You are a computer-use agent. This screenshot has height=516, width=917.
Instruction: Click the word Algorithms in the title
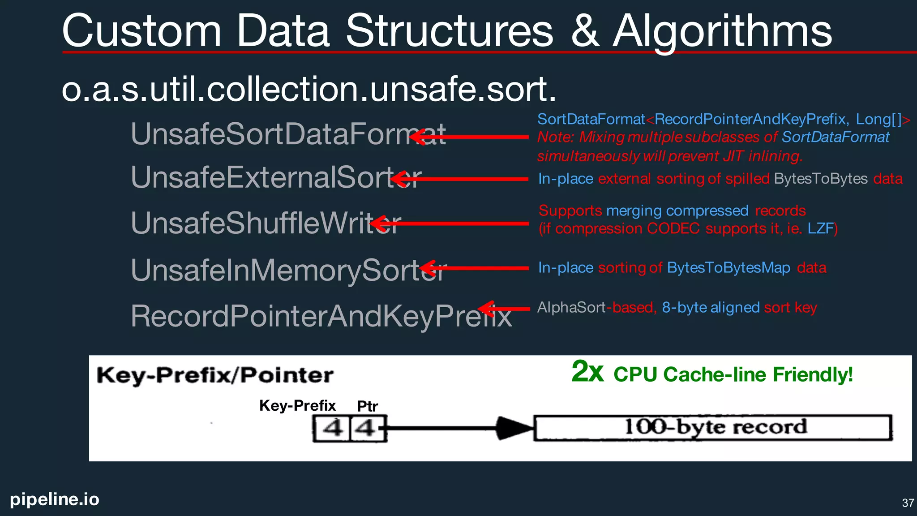(x=722, y=31)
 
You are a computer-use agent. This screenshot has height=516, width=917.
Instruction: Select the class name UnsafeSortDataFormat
(x=287, y=134)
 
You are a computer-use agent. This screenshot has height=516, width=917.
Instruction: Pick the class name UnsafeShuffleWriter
(x=264, y=223)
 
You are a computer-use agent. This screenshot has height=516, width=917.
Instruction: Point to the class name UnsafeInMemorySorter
(x=287, y=271)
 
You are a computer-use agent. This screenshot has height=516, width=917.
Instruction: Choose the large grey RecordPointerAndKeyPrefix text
(x=320, y=316)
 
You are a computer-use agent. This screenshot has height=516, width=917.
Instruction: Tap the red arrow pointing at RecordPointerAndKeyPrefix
(x=504, y=309)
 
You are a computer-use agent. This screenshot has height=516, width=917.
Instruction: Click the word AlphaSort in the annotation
(x=571, y=308)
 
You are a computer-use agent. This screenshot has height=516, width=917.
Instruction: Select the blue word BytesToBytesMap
(x=728, y=268)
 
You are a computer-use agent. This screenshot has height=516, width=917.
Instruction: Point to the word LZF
(x=820, y=229)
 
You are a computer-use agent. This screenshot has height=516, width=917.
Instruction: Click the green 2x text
(x=587, y=372)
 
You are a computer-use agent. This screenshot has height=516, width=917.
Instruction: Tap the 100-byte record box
(x=713, y=428)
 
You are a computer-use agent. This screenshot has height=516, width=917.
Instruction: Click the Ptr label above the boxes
(x=367, y=406)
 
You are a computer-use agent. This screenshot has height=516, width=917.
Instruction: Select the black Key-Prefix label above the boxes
(x=297, y=405)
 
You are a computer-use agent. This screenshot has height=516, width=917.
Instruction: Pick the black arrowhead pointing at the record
(x=514, y=428)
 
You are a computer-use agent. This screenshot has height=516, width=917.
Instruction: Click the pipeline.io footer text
(x=55, y=499)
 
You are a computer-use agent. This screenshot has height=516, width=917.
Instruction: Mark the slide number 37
(x=908, y=503)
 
